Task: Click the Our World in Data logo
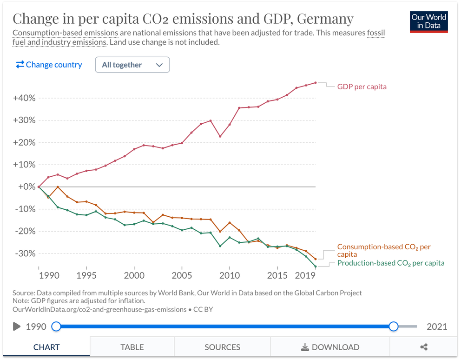[x=428, y=21]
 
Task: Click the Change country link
[x=49, y=65]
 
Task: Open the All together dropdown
[x=132, y=65]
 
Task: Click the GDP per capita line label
[x=362, y=87]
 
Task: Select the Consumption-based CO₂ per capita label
[x=384, y=250]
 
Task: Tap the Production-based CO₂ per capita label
[x=390, y=263]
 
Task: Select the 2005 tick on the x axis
[x=182, y=275]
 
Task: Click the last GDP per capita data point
[x=316, y=83]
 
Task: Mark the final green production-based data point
[x=316, y=267]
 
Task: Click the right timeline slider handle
[x=394, y=326]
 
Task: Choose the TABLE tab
[x=132, y=347]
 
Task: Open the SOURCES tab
[x=222, y=347]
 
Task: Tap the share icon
[x=423, y=347]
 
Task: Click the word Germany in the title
[x=325, y=19]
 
